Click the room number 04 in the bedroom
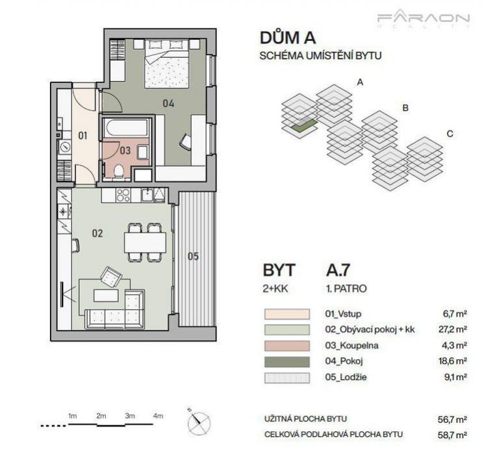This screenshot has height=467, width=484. click(x=168, y=103)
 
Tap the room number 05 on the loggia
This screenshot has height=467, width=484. click(x=193, y=256)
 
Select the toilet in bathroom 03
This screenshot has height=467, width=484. click(x=118, y=171)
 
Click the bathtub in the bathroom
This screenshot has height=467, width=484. click(x=126, y=127)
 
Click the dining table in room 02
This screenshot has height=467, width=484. click(x=145, y=242)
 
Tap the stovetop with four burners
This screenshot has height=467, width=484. click(x=123, y=195)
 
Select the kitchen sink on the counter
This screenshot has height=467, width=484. click(x=148, y=195)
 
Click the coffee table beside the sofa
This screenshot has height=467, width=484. click(x=106, y=295)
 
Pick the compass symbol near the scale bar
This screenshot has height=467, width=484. click(x=199, y=422)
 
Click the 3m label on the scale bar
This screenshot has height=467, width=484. click(x=130, y=416)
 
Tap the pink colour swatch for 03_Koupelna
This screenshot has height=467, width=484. click(x=287, y=346)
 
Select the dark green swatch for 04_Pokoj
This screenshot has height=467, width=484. click(x=287, y=362)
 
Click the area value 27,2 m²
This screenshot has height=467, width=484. click(x=453, y=329)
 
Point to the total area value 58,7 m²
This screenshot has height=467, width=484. click(x=452, y=435)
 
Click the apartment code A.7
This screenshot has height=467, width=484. click(x=338, y=270)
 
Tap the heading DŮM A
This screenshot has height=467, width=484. click(x=288, y=38)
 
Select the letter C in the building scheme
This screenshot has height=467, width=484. click(x=450, y=134)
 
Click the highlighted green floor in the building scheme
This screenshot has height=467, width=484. click(x=304, y=126)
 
